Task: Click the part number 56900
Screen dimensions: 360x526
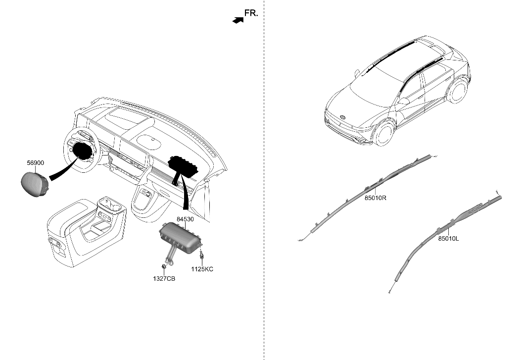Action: (36, 162)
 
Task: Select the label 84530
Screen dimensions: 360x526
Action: (185, 218)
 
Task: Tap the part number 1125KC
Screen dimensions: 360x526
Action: (202, 269)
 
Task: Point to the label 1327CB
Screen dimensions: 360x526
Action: (163, 279)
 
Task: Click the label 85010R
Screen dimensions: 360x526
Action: (376, 198)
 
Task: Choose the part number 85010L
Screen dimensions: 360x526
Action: (448, 238)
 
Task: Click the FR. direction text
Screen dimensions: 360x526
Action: (251, 13)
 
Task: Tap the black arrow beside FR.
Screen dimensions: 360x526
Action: (238, 19)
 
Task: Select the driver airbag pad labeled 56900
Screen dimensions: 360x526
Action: (34, 183)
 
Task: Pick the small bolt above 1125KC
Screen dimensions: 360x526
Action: (202, 257)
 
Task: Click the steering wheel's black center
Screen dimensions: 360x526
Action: (83, 152)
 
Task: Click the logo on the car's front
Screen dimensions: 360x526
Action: (341, 117)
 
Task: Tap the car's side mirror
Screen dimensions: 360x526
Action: (404, 101)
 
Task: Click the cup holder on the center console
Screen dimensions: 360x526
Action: (109, 203)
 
